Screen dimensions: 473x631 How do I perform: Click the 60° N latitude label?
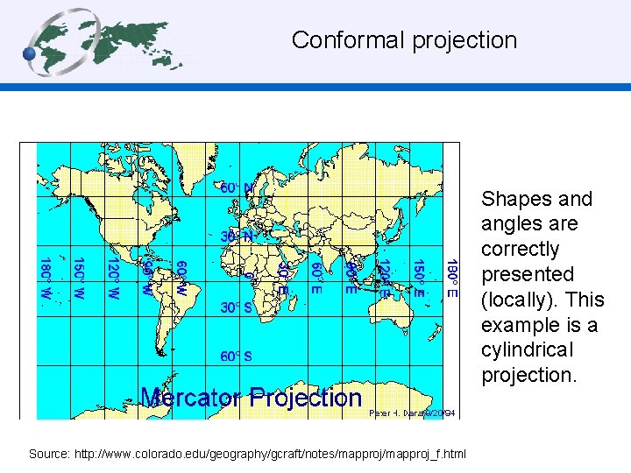[x=237, y=187]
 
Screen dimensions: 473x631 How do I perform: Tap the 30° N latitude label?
[x=237, y=236]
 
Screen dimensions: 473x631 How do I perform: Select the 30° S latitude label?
[x=237, y=308]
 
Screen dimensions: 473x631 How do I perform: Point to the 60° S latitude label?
[x=237, y=357]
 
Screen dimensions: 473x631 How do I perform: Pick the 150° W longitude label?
[x=78, y=279]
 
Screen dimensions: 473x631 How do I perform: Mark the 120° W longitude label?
[x=112, y=279]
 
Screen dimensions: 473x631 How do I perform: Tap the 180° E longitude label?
[x=451, y=279]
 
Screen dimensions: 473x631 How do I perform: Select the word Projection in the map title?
[x=305, y=398]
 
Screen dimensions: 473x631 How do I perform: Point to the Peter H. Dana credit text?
[x=413, y=412]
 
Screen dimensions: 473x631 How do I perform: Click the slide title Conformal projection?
[x=404, y=40]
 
